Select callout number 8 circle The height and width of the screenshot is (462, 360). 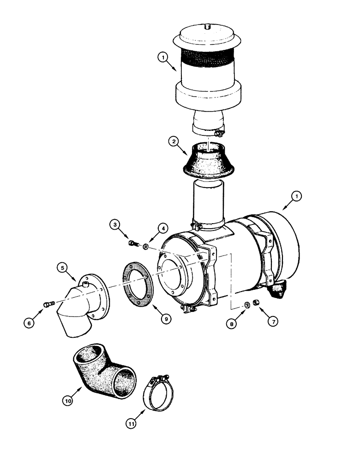pyautogui.click(x=232, y=324)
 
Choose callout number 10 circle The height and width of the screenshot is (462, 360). pyautogui.click(x=68, y=401)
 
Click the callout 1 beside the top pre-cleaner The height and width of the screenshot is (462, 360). pyautogui.click(x=162, y=58)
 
